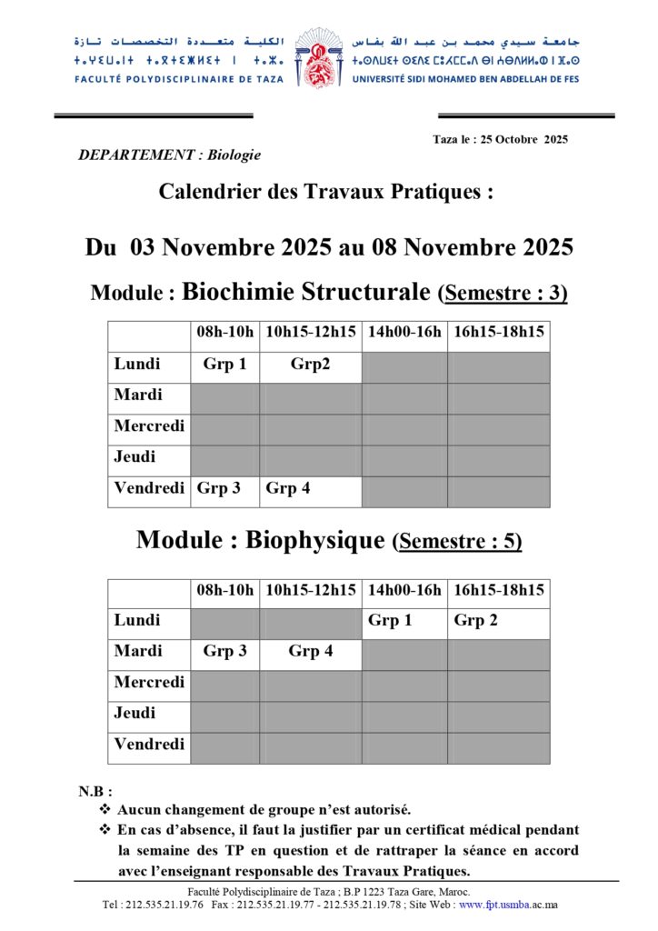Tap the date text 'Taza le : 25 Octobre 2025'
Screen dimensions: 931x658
[500, 139]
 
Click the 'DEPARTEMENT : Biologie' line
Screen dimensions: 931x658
[170, 155]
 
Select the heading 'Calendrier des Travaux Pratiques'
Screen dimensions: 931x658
[326, 192]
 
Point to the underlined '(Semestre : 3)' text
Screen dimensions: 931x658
[502, 294]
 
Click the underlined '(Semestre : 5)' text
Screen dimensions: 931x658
[457, 542]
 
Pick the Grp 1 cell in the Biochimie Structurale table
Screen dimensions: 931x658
[224, 365]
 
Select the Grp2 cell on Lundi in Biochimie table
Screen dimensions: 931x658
[310, 365]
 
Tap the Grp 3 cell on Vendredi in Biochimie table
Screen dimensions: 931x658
[219, 488]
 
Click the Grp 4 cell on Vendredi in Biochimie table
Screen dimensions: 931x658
[288, 488]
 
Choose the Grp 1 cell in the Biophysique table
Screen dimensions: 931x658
[390, 621]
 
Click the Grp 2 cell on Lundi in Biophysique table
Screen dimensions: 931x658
[475, 621]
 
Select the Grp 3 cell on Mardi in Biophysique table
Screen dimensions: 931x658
[224, 652]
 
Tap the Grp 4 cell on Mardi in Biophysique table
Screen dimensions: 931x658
[310, 652]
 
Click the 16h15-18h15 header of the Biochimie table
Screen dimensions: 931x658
[498, 333]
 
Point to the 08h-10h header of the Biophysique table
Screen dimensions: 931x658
[224, 590]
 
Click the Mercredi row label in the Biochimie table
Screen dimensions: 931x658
[149, 426]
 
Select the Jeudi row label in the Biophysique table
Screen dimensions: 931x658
[135, 714]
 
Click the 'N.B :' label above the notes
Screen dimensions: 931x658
[95, 792]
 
